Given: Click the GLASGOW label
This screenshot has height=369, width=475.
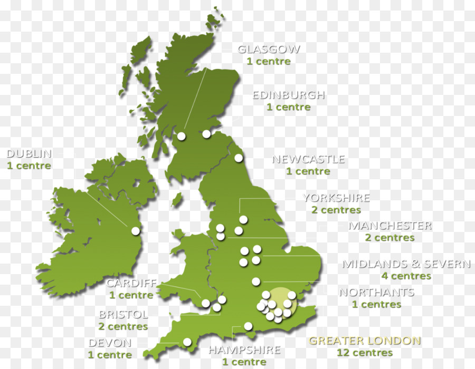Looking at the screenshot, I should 269,50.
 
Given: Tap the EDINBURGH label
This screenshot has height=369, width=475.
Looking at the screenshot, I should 288,95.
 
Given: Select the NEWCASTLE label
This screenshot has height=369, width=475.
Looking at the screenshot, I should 308,159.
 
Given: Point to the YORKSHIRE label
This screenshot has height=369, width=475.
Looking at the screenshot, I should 336,198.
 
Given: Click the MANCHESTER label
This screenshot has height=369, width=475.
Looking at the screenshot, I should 389,226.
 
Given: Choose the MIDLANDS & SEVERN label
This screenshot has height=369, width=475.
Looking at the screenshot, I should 406,264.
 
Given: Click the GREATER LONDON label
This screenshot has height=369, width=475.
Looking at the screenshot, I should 365,341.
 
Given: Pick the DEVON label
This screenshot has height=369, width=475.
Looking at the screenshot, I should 110,343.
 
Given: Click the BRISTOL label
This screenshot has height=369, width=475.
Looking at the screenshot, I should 123,315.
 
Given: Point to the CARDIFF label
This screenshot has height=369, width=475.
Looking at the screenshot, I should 131,283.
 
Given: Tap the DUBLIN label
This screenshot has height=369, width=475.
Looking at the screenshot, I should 29,154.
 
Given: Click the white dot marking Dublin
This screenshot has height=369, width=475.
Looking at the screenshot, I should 136,231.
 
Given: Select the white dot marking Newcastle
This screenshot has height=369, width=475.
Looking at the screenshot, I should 239,158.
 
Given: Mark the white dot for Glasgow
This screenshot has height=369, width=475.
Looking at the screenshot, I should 181,136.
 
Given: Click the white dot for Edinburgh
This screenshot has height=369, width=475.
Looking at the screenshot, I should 206,134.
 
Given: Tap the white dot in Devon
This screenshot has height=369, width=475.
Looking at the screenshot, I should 187,342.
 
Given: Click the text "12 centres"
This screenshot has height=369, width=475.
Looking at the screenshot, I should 365,353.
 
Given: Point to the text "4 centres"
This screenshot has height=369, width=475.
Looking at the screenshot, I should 406,276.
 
